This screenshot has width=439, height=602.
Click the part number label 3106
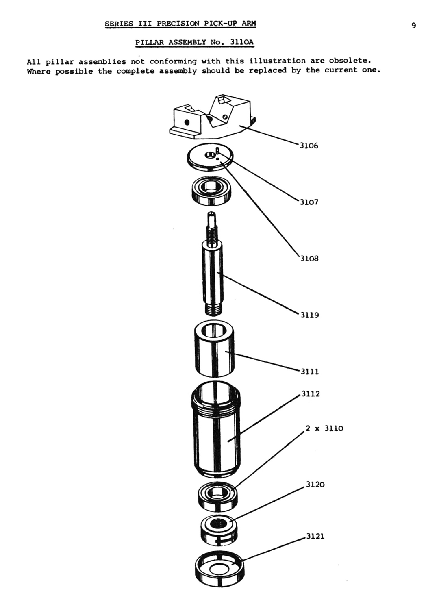(309, 146)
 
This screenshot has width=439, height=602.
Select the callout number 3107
(309, 202)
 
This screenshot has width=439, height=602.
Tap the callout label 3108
(309, 259)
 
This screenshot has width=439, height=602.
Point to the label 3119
(310, 315)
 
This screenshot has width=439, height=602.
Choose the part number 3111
(310, 372)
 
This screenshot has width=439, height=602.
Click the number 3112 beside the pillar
(311, 394)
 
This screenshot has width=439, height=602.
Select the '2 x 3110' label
(324, 428)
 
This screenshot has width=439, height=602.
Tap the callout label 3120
(315, 485)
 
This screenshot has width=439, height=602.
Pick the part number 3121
(315, 537)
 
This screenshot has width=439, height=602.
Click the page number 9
(414, 26)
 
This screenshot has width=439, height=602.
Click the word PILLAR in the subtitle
(149, 42)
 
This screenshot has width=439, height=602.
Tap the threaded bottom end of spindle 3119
(214, 310)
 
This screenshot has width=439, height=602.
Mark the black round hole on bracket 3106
(187, 122)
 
